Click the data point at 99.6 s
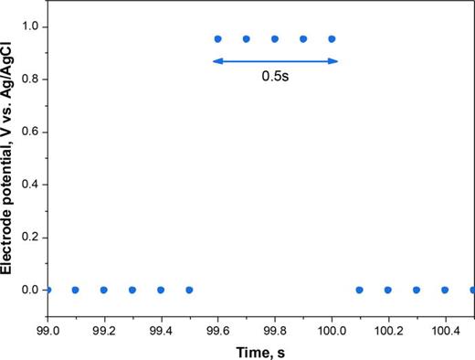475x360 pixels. click(x=217, y=39)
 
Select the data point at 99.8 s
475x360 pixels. click(x=274, y=39)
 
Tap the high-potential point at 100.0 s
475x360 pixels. click(x=332, y=39)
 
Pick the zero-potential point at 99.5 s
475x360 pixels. click(x=189, y=290)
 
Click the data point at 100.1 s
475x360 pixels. click(x=360, y=290)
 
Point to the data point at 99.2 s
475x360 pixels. click(x=103, y=290)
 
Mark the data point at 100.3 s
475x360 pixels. click(x=417, y=290)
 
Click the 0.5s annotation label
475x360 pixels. click(x=274, y=78)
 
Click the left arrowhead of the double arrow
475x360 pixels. click(x=215, y=61)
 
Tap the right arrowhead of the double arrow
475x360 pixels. click(x=335, y=61)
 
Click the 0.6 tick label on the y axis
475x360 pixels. click(x=30, y=132)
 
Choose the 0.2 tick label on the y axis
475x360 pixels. click(x=30, y=237)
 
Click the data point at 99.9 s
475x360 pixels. click(x=303, y=39)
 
